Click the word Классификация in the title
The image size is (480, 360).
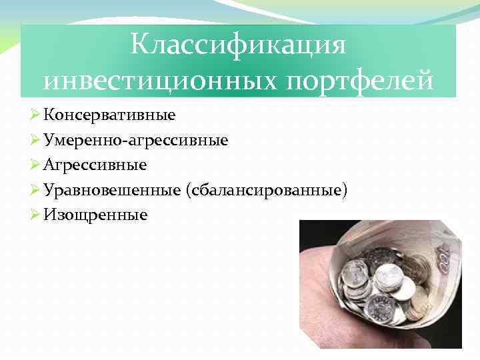click(238, 45)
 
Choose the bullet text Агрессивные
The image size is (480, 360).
click(95, 165)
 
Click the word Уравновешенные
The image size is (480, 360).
click(113, 190)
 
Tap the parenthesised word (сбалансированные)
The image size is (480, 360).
click(268, 190)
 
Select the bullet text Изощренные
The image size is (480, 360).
click(95, 215)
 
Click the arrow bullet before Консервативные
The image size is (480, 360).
click(36, 115)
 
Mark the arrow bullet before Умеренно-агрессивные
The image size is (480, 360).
click(36, 140)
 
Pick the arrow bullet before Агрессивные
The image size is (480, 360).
click(36, 165)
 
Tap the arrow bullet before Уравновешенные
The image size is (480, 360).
click(36, 190)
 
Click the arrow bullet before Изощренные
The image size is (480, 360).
click(36, 215)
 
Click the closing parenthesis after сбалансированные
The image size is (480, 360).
click(345, 191)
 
